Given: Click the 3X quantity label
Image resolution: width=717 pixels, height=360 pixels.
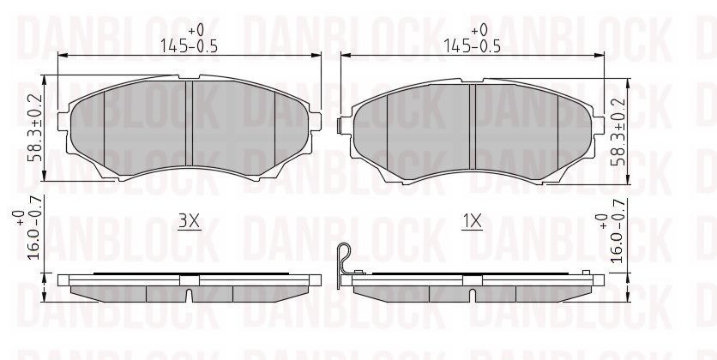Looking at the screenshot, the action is click(189, 222).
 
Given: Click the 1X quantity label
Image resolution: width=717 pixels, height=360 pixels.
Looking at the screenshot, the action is click(472, 222).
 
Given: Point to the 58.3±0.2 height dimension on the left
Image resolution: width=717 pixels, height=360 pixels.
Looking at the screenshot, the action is click(35, 129).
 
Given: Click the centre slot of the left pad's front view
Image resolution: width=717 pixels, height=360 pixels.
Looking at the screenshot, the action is click(190, 123).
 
